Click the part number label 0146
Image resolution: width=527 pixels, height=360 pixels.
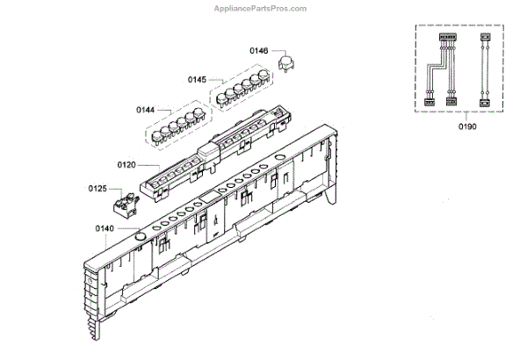click(x=260, y=52)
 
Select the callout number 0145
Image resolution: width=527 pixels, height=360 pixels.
click(x=197, y=80)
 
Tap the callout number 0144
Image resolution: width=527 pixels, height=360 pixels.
click(x=146, y=110)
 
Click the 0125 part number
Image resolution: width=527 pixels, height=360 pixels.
click(x=98, y=189)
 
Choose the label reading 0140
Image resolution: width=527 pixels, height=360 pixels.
click(x=105, y=229)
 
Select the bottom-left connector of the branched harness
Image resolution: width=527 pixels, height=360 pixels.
click(x=430, y=103)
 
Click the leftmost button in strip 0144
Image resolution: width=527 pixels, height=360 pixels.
click(x=160, y=137)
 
